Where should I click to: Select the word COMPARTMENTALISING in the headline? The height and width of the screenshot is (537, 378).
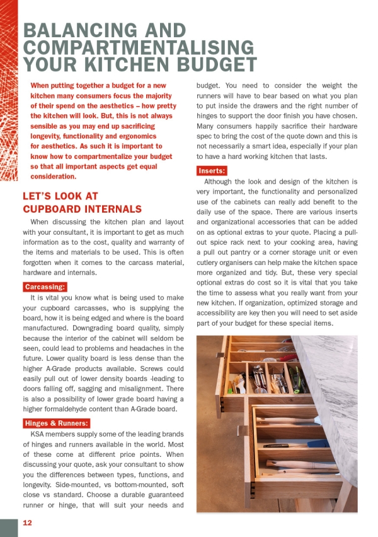(139, 47)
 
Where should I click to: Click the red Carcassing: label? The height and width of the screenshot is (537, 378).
(46, 287)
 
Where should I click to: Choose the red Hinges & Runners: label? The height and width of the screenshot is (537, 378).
(56, 423)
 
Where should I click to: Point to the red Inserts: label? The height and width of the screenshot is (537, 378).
(211, 171)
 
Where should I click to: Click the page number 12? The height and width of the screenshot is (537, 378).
(28, 523)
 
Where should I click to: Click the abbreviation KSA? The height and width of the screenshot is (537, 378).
(39, 435)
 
